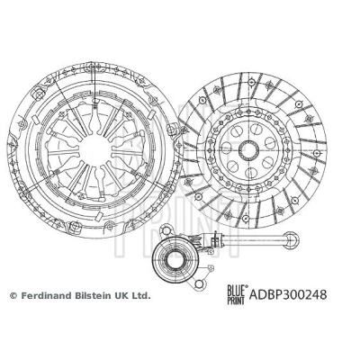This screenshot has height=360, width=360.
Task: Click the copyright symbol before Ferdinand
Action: (x=13, y=296)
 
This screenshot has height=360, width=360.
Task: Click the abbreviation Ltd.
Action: (x=141, y=296)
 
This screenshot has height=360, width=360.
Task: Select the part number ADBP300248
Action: (x=288, y=294)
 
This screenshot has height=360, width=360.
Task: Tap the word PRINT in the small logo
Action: (x=236, y=300)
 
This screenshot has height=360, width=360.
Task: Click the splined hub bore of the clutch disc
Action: (x=249, y=150)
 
